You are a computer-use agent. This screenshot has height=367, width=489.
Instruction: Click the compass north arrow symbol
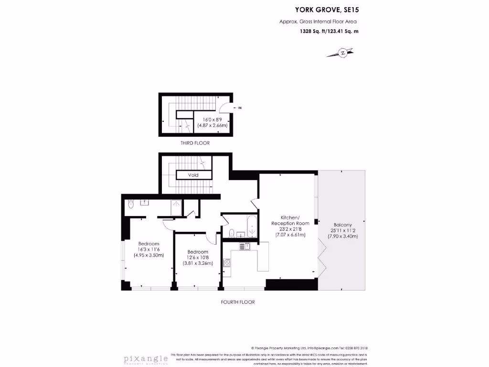click(x=342, y=53)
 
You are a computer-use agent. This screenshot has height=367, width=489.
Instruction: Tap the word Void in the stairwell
click(x=193, y=175)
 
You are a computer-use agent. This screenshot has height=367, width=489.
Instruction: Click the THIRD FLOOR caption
click(x=195, y=143)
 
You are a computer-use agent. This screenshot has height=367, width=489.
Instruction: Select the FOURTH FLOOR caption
click(x=238, y=302)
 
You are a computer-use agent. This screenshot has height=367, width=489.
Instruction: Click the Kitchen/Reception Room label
click(x=290, y=220)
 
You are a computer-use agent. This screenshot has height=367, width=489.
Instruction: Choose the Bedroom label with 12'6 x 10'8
click(x=198, y=252)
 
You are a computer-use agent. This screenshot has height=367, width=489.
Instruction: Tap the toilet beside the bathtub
click(x=231, y=233)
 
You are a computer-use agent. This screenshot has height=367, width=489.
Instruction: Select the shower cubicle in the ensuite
click(x=177, y=207)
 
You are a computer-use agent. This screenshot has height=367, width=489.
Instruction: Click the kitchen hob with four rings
click(x=227, y=263)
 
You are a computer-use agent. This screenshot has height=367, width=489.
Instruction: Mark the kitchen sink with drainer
click(x=244, y=247)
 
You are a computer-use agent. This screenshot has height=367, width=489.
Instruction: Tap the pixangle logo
click(x=143, y=358)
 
